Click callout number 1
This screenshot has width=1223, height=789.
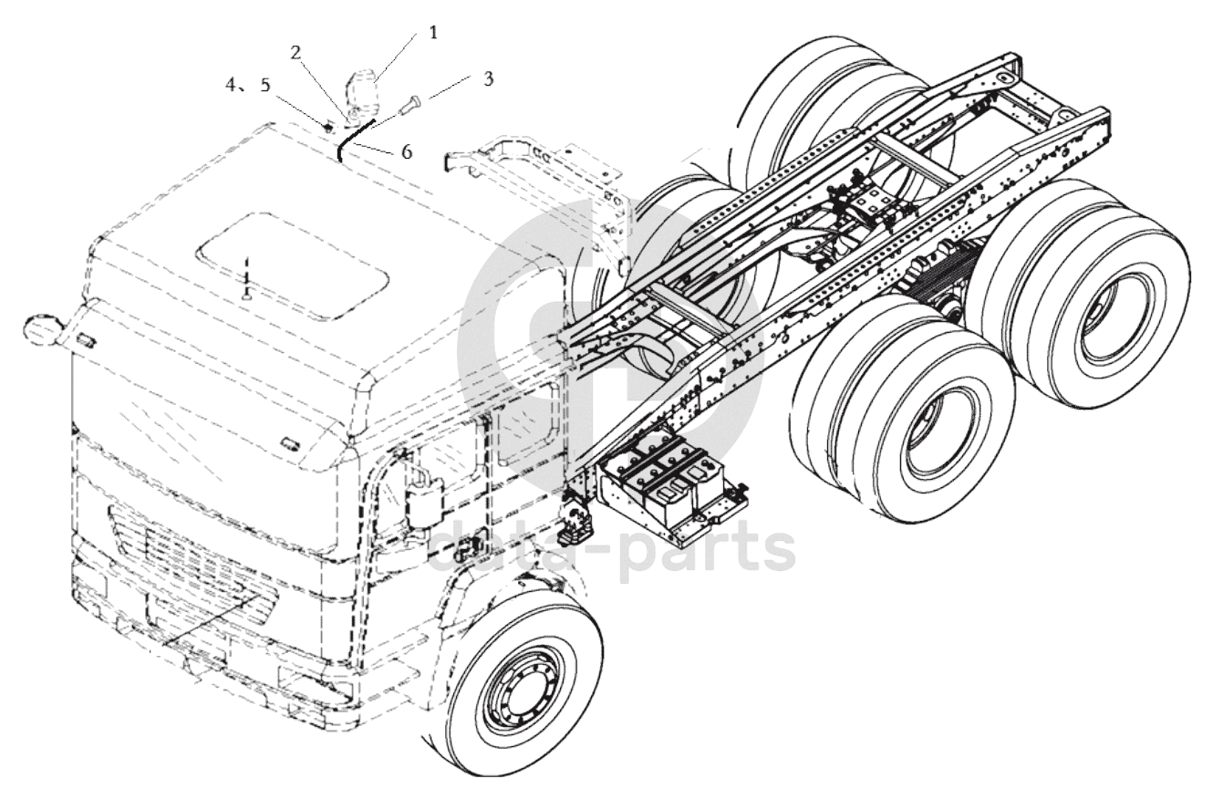click(x=433, y=34)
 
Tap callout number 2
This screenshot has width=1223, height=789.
click(x=295, y=53)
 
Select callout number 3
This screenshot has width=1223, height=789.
click(x=488, y=78)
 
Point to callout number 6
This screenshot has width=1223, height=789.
click(x=407, y=151)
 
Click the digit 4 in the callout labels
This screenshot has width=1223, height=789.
click(x=232, y=85)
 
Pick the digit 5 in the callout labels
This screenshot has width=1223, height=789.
click(x=266, y=85)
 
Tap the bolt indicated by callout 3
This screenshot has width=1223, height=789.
click(x=410, y=104)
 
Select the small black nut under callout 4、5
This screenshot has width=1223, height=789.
click(x=328, y=128)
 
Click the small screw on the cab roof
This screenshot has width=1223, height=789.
click(x=247, y=278)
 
